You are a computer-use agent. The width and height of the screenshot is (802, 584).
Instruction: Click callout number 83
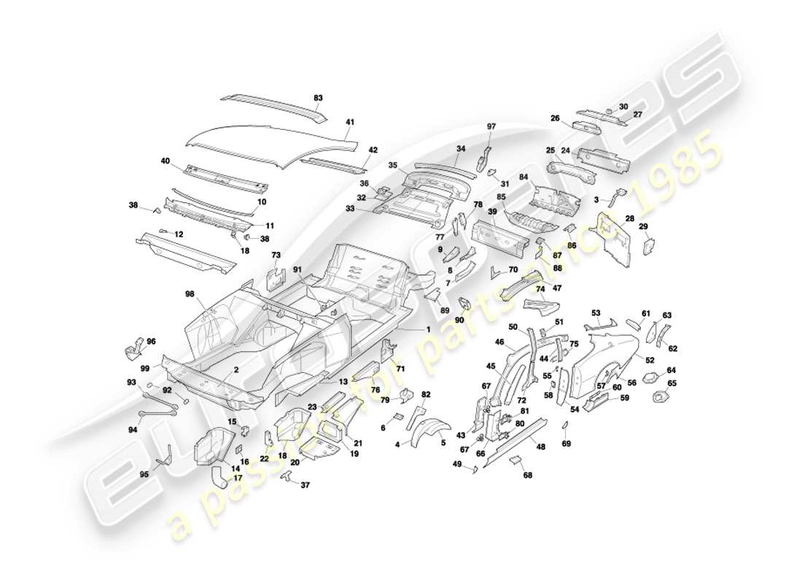318,98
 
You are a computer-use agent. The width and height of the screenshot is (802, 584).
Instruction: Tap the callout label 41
350,123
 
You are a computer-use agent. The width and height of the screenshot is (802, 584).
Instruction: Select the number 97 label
491,127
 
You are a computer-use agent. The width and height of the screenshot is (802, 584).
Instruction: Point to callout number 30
623,107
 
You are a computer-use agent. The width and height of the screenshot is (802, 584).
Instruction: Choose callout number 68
527,475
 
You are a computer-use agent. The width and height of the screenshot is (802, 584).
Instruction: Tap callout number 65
671,383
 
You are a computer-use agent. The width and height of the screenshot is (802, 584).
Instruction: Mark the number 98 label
190,294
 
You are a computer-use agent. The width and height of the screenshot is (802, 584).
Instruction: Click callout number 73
276,255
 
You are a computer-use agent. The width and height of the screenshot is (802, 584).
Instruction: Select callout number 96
151,341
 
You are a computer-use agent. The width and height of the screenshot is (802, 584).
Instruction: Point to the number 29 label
644,227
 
